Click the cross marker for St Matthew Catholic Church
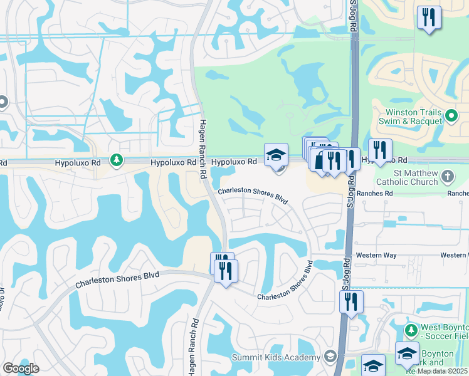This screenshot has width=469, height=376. [448, 176]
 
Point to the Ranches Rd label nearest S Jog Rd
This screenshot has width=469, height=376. [375, 194]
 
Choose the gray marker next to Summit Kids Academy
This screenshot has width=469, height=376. [331, 357]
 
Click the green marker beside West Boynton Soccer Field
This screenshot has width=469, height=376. [411, 330]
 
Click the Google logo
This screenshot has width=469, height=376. [21, 368]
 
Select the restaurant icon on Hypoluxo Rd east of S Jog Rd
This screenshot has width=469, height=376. [380, 150]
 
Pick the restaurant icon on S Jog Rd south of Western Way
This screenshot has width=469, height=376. [351, 301]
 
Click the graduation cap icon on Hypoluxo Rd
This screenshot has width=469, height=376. [276, 155]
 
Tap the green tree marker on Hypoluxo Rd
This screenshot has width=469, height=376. [116, 161]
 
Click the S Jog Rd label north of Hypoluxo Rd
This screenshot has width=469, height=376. [352, 19]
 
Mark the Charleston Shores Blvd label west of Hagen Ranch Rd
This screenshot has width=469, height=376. [117, 279]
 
